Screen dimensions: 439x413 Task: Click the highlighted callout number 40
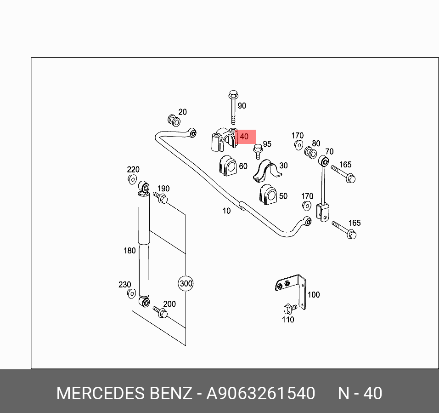(244, 137)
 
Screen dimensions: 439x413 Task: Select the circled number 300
(186, 283)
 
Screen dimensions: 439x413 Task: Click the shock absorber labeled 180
(144, 244)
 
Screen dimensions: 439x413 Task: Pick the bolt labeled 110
(289, 308)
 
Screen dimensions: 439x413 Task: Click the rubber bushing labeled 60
(228, 166)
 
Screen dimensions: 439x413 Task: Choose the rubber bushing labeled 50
(268, 195)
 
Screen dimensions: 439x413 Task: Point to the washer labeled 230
(131, 294)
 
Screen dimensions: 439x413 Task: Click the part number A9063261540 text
(260, 394)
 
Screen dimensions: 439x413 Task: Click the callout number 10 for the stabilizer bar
(226, 211)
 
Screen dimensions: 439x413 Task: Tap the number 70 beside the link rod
(329, 152)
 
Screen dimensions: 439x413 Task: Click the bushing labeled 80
(310, 153)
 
